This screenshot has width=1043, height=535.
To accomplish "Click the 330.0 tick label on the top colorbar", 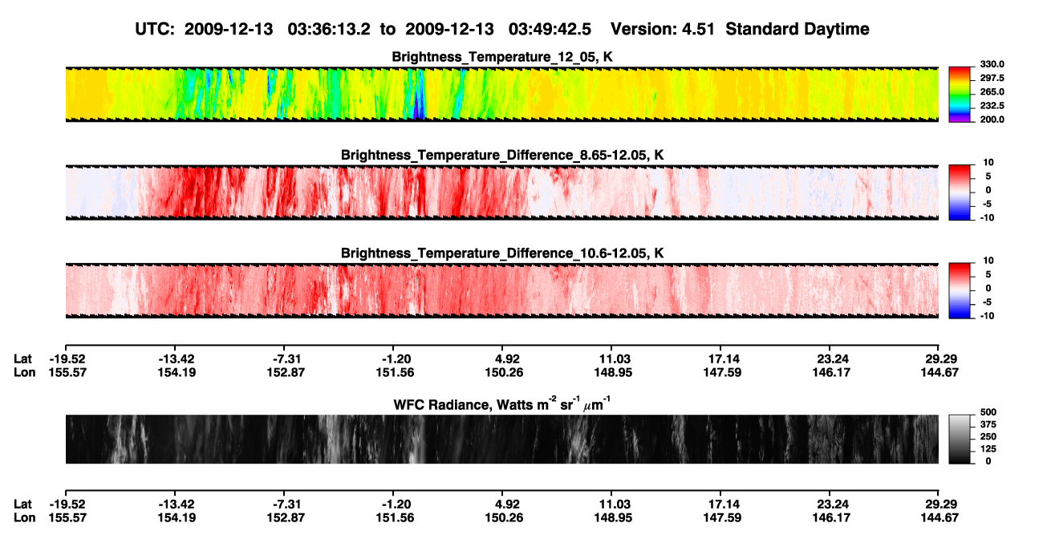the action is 992,64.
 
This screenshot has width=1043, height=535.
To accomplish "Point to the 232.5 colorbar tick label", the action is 992,106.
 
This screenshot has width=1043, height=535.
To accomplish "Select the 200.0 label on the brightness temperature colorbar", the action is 992,120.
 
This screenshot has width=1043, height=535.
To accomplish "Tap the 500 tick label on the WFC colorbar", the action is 988,412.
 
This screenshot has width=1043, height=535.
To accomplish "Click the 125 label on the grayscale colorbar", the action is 988,449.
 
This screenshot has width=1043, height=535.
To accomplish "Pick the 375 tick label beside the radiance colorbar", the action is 988,424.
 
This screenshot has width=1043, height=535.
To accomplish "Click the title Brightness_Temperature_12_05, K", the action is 502,57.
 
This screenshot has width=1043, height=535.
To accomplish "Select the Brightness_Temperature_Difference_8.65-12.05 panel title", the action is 502,155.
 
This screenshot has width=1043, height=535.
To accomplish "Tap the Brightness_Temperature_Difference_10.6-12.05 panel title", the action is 502,253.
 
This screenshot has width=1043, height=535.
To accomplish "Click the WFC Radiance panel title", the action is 502,403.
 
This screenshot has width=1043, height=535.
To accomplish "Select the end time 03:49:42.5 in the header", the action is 550,30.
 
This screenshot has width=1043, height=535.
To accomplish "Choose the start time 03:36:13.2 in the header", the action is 329,30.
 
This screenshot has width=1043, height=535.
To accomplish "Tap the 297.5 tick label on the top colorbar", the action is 992,79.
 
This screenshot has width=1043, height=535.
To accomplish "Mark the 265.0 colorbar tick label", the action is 992,91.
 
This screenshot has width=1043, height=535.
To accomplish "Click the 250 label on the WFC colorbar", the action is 988,437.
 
